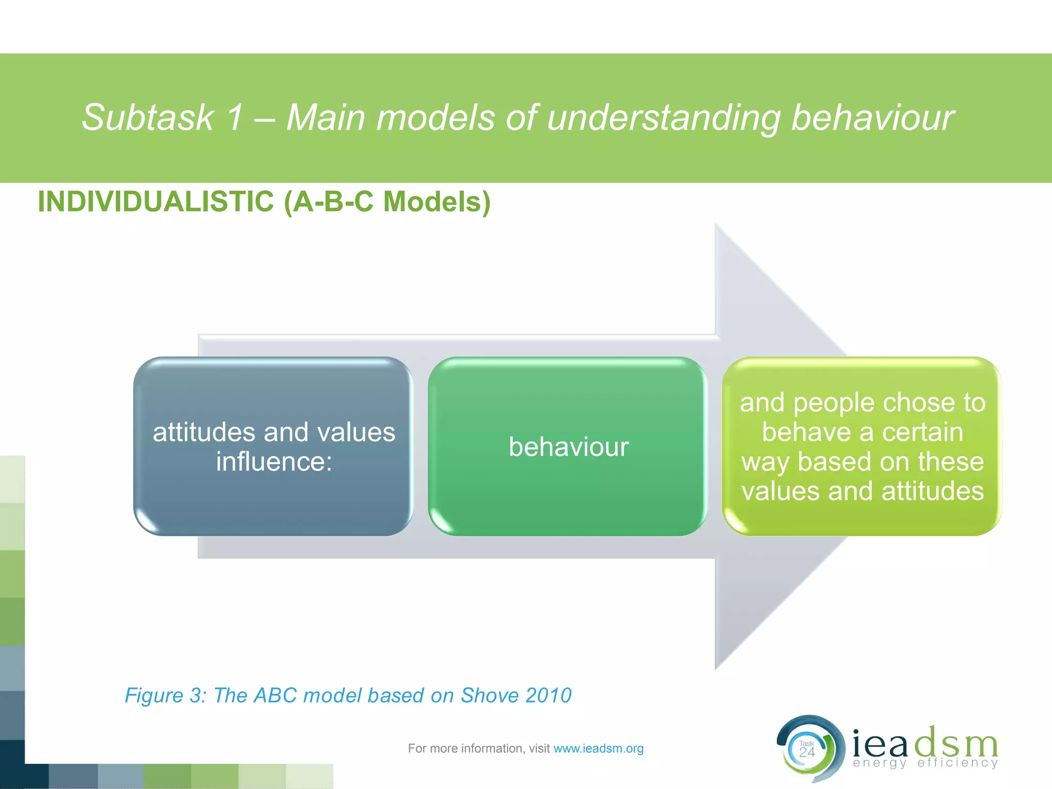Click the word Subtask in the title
(147, 118)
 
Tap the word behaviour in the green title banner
(872, 118)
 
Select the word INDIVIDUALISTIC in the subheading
(156, 201)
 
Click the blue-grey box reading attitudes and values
(273, 446)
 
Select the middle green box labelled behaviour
(568, 446)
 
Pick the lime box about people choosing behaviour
(862, 446)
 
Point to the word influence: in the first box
(274, 461)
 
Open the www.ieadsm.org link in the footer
(598, 748)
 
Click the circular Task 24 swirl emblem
(810, 749)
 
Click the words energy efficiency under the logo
(925, 763)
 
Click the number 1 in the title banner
(234, 118)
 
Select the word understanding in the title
(663, 118)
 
